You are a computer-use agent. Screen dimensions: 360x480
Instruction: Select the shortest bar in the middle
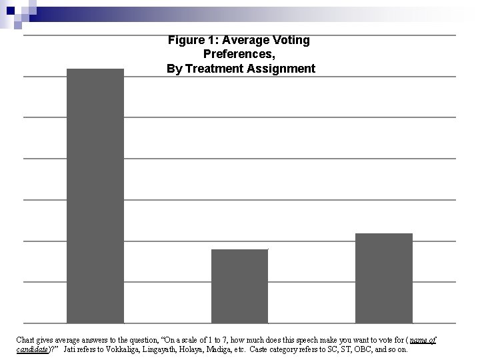point(239,286)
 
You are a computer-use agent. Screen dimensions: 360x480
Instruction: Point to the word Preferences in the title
point(239,54)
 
